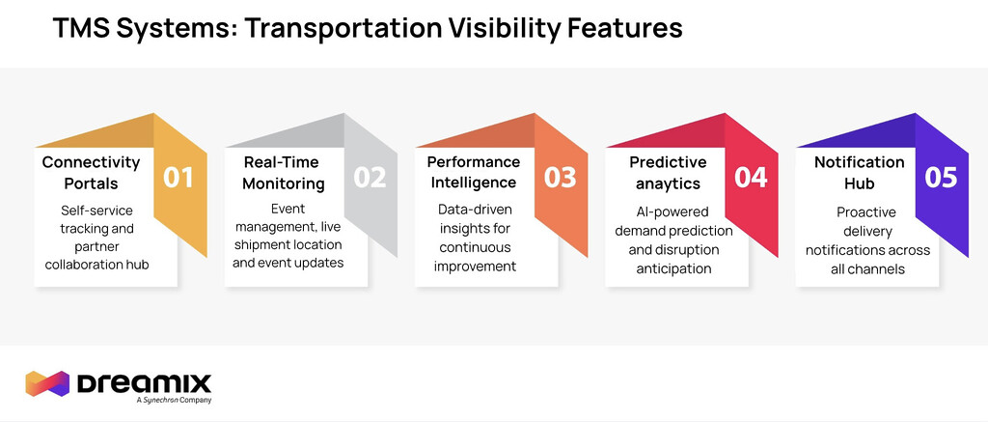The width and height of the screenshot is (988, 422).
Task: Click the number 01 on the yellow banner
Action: point(178,178)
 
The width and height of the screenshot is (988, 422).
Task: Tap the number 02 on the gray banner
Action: point(370,178)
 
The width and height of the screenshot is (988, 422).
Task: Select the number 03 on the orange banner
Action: point(561,178)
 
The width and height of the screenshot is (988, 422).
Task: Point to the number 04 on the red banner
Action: point(751,178)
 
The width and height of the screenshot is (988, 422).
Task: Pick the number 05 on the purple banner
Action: point(941,178)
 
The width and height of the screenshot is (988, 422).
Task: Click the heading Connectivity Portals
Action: point(91,173)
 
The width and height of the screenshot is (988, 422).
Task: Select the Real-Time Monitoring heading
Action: point(284,173)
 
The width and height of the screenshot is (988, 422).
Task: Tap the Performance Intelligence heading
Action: point(473,172)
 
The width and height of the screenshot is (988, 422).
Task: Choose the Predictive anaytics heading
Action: point(668,173)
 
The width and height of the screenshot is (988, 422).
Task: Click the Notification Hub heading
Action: point(860,173)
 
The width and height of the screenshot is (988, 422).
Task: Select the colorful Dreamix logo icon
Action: point(47,383)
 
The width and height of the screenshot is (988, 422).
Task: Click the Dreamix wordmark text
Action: point(144,383)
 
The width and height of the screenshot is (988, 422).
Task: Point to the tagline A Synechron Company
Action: point(174,400)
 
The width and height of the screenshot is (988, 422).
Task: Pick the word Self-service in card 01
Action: point(97,211)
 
